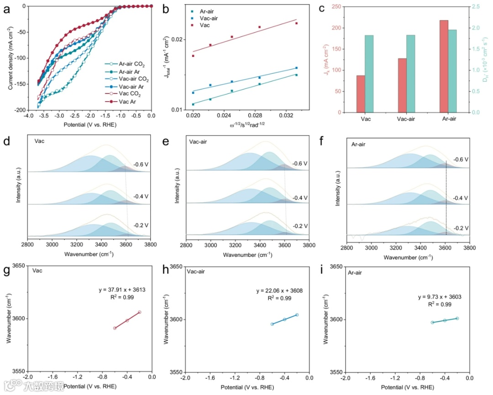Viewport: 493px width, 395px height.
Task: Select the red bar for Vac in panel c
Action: tap(361, 94)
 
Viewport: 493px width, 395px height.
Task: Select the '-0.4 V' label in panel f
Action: tap(461, 198)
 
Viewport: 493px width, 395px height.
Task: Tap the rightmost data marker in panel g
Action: tap(140, 312)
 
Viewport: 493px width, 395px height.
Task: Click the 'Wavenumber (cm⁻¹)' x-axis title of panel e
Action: tap(247, 255)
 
